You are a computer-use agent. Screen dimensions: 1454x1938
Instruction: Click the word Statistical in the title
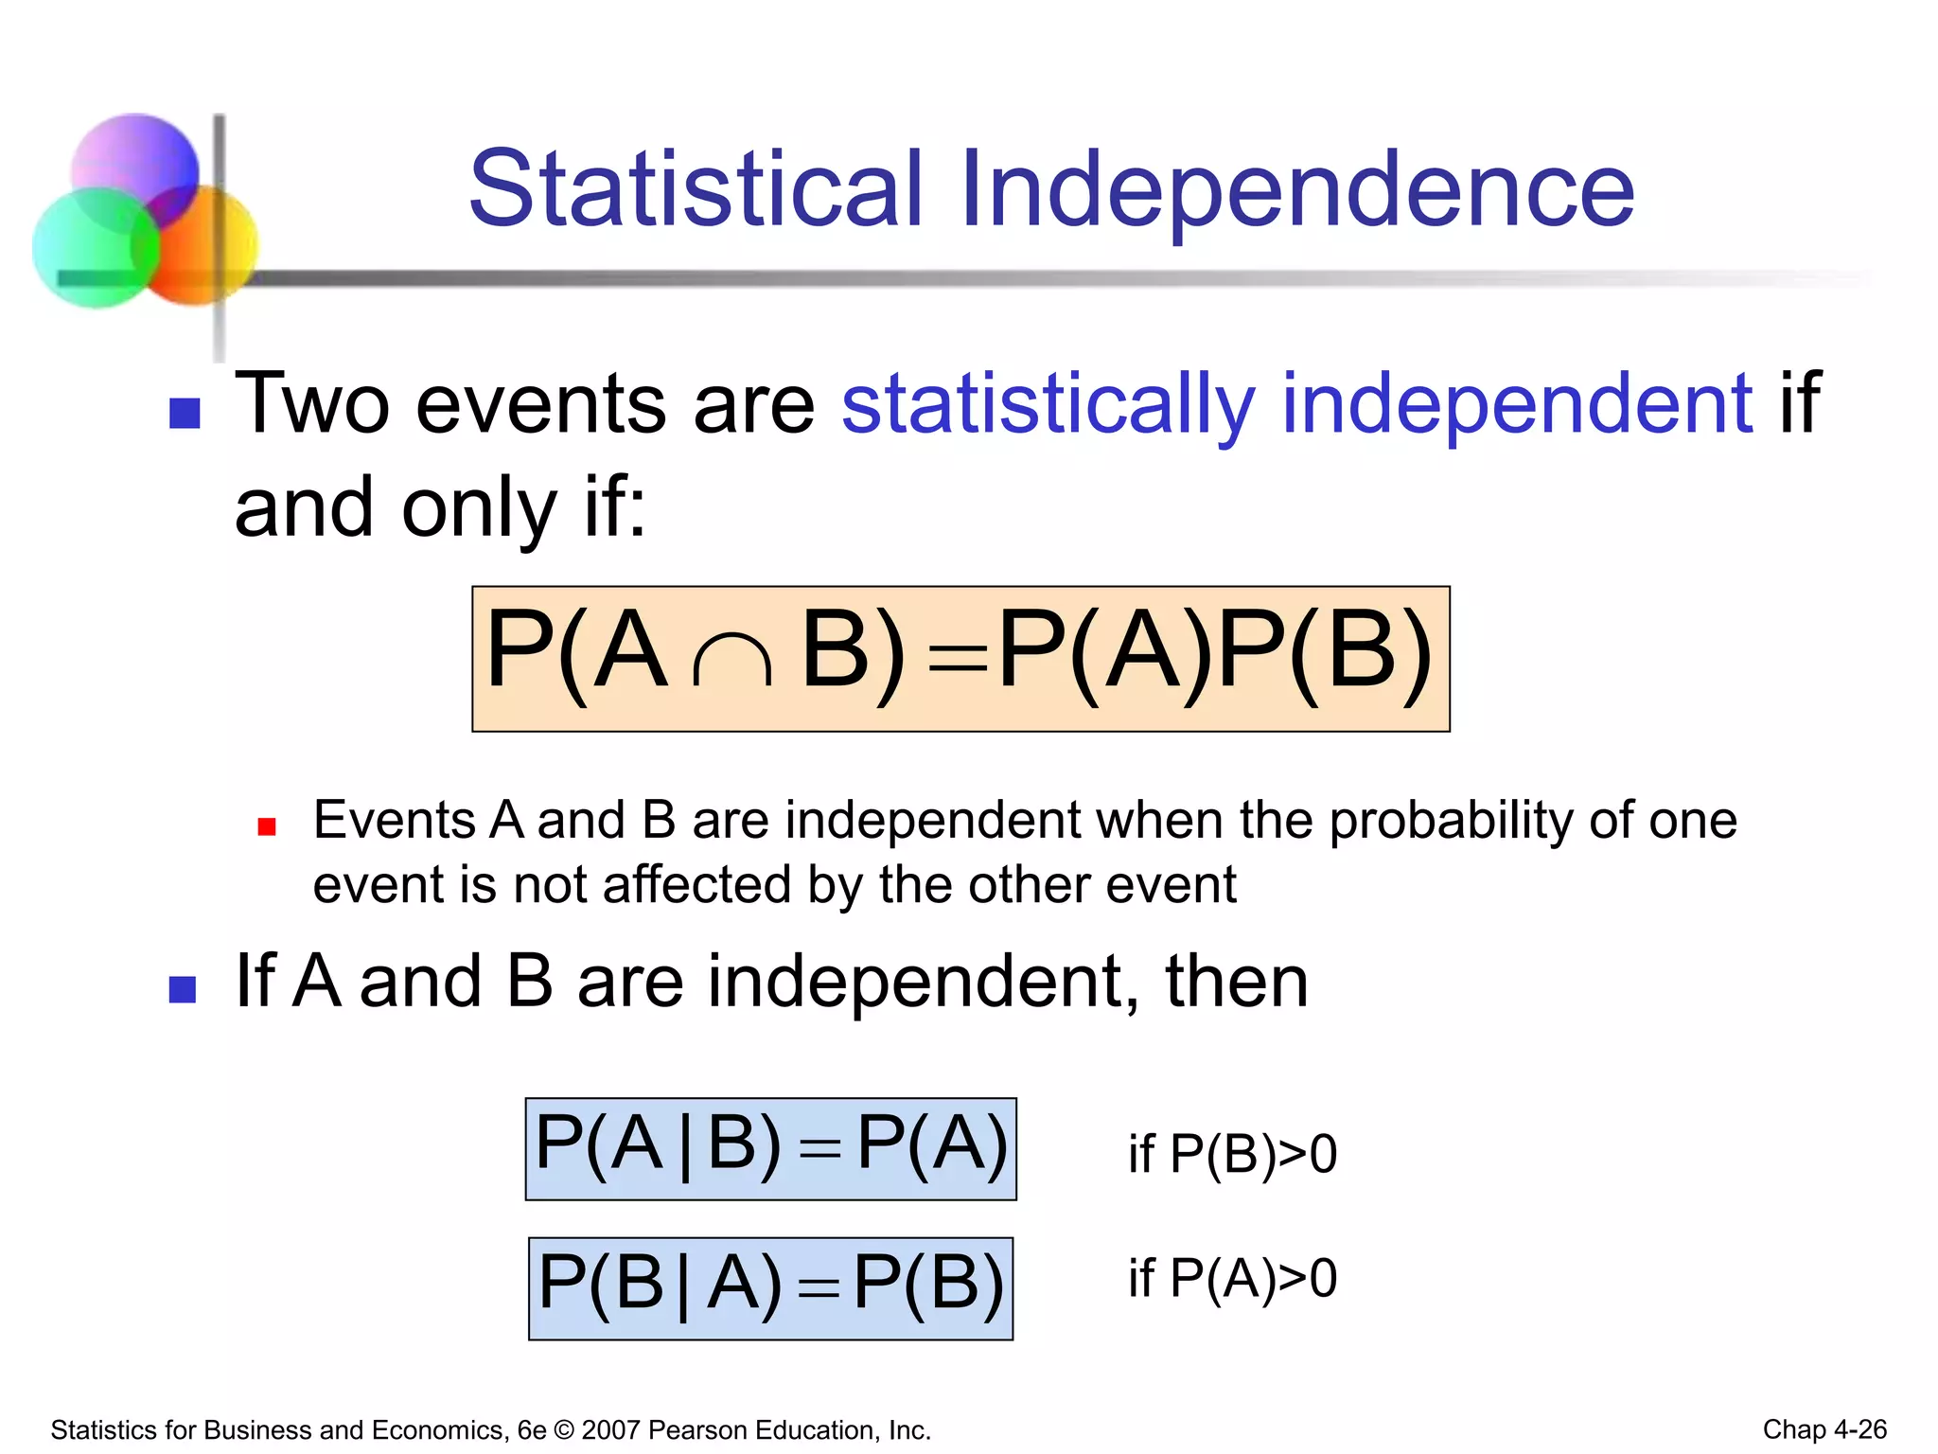click(x=696, y=189)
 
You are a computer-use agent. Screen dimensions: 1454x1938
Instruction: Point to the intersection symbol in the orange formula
click(x=731, y=658)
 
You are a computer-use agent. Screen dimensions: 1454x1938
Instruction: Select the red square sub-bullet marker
click(x=267, y=827)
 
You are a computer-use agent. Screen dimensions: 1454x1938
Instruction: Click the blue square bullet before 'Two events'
click(x=185, y=413)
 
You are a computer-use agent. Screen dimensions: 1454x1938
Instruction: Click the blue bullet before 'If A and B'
click(x=183, y=989)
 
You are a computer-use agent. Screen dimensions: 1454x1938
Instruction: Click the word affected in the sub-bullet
click(x=696, y=886)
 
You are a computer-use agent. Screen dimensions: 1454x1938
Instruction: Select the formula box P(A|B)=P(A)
click(x=770, y=1148)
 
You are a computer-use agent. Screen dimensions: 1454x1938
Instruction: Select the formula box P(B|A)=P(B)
click(x=770, y=1287)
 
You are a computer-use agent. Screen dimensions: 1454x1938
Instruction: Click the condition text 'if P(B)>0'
click(x=1232, y=1154)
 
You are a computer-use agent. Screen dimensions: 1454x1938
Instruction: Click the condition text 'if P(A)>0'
click(x=1232, y=1278)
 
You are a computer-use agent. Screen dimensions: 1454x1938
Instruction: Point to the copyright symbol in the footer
click(x=564, y=1430)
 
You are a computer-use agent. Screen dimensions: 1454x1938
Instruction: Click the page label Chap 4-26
click(x=1823, y=1429)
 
